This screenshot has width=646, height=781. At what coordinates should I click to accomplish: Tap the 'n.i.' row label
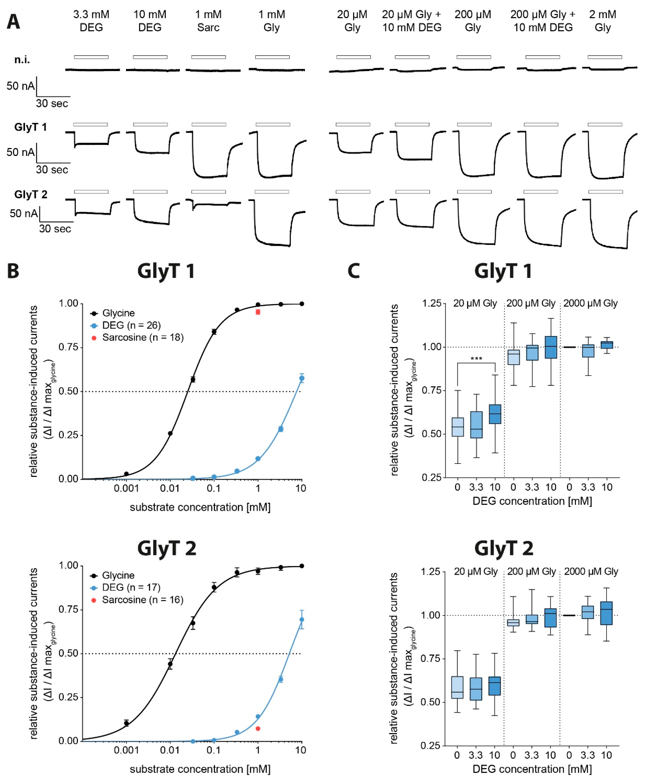point(22,60)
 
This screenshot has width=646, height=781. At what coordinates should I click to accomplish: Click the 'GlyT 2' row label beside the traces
point(31,194)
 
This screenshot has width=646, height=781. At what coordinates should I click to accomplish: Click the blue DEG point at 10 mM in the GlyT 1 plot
point(302,378)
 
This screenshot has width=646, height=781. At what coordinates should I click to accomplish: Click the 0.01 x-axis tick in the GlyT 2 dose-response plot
point(170,750)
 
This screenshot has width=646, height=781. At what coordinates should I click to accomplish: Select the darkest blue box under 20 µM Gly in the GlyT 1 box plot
point(495,414)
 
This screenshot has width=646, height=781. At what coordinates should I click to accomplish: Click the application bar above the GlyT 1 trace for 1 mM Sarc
point(209,124)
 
